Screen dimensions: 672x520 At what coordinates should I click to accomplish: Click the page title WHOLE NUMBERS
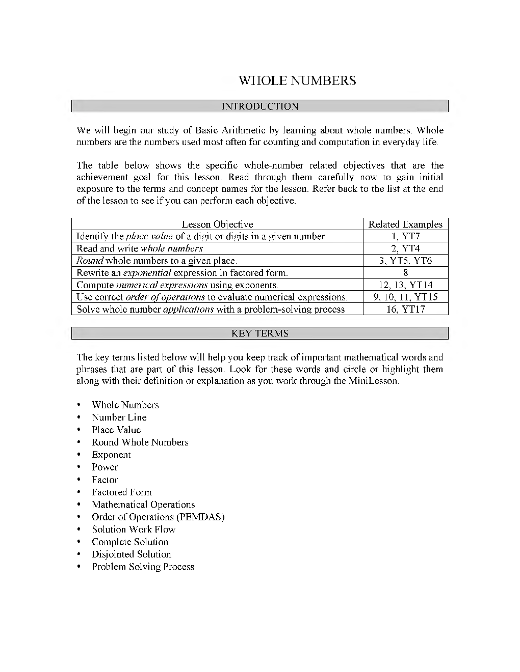coord(297,81)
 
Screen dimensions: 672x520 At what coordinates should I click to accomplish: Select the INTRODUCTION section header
coord(260,106)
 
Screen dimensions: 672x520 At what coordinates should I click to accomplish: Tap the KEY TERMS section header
coord(260,333)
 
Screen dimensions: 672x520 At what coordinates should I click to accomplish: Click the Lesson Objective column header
coord(217,224)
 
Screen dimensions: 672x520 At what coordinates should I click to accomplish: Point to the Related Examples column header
coord(405,224)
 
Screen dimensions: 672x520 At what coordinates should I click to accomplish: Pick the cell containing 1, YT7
coord(405,236)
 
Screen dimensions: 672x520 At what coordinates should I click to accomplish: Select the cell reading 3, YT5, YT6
coord(405,261)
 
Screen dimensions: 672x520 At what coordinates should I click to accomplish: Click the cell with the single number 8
coord(405,273)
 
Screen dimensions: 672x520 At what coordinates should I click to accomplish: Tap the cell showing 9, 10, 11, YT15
coord(405,297)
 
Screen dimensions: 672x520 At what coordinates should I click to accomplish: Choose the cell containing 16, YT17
coord(405,309)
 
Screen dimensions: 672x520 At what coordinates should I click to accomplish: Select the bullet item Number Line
coord(119,417)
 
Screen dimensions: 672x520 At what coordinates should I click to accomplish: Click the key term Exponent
coord(111,455)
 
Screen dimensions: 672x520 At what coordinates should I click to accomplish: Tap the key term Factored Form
coord(122,492)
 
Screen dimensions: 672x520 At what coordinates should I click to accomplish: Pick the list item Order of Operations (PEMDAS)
coord(158,517)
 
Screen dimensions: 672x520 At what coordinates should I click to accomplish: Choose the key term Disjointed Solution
coord(132,554)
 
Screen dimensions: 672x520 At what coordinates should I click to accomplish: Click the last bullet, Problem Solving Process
coord(143,567)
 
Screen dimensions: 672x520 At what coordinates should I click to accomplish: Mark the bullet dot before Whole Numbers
coord(79,405)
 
